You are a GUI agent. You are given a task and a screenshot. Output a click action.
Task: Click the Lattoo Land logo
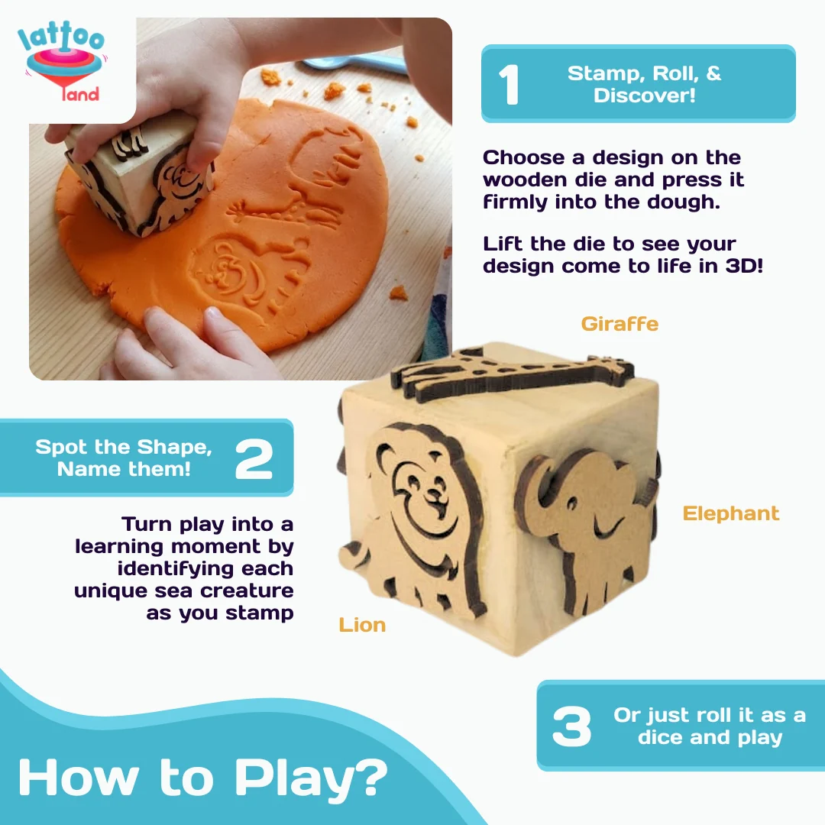click(62, 63)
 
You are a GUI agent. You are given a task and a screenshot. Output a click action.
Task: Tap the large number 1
click(509, 84)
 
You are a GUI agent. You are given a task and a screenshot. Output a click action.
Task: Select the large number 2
click(254, 459)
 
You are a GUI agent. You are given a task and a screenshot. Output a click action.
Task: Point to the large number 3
click(571, 726)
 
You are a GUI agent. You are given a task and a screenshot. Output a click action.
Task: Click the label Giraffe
click(620, 324)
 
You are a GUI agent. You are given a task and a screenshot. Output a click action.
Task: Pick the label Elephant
click(731, 513)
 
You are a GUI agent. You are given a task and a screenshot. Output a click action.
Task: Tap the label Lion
click(362, 625)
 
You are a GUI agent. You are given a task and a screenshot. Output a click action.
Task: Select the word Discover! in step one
click(645, 95)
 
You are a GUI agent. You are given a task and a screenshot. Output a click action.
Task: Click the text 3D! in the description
click(744, 266)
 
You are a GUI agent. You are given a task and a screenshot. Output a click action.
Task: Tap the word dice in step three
click(661, 737)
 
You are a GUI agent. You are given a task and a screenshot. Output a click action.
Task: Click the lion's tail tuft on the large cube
click(352, 557)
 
